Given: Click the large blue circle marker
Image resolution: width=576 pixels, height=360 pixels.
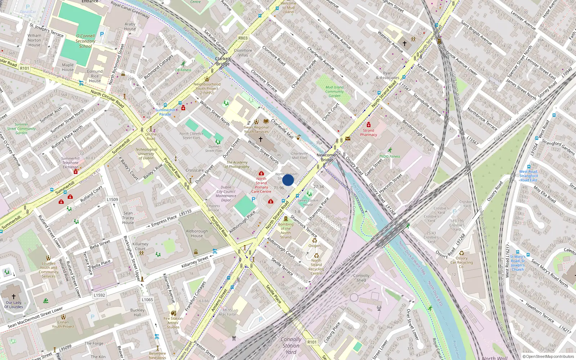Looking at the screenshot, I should click(x=288, y=180).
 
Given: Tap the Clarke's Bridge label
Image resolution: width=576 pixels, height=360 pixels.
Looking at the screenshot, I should click(x=223, y=61).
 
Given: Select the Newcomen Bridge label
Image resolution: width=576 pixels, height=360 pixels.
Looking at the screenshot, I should click(x=327, y=157).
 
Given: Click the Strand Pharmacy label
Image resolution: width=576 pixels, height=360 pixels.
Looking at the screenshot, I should click(x=369, y=132).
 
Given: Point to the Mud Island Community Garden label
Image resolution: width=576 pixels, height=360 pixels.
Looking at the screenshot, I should click(x=334, y=91).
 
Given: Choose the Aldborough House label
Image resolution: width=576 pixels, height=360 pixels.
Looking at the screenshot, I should click(x=197, y=234).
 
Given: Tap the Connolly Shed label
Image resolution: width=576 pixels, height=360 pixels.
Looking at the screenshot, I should click(x=361, y=278).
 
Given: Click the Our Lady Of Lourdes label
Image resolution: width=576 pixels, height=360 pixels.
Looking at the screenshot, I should click(x=14, y=305).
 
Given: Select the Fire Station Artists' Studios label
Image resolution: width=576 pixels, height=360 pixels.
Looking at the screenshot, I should click(x=173, y=323).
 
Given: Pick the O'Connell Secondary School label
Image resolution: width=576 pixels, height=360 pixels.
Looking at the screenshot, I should click(x=85, y=41).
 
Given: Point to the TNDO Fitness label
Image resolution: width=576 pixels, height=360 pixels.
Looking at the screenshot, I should click(x=390, y=157).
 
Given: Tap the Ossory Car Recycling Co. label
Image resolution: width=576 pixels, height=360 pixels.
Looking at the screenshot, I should click(x=462, y=262).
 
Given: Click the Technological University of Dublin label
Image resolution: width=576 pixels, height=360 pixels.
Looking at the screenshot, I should click(x=146, y=154).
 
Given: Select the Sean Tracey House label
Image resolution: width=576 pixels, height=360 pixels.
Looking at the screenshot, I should click(x=128, y=218).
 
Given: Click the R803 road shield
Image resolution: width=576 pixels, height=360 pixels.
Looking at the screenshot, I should click(x=243, y=38).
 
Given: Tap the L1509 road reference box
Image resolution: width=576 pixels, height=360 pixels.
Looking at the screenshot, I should click(x=112, y=199).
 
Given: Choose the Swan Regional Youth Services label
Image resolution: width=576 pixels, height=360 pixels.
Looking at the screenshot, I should click(x=256, y=129).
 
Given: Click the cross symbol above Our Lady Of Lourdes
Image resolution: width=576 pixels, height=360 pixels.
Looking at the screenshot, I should click(x=14, y=297).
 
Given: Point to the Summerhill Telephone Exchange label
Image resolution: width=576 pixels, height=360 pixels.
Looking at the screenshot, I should click(x=71, y=163).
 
